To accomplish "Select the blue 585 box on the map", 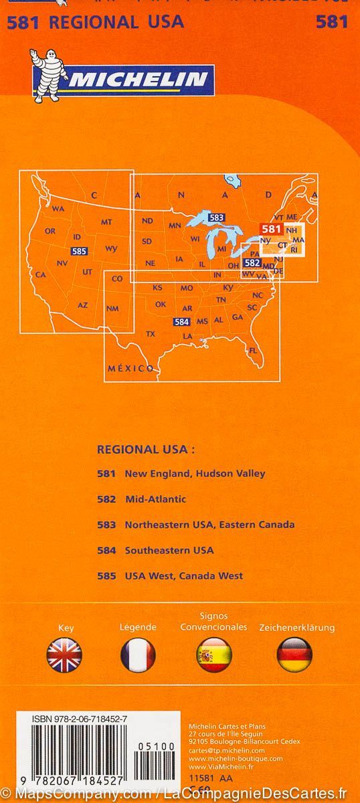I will [x=79, y=251].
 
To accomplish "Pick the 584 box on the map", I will [x=181, y=321].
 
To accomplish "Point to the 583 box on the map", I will [x=216, y=217].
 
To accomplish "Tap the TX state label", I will [x=151, y=333].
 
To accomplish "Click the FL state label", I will [x=253, y=351].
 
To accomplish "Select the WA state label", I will [x=58, y=209].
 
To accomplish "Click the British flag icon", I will [x=64, y=654].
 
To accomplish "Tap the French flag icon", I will [x=138, y=654].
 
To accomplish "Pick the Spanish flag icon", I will [x=214, y=654].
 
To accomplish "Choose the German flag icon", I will [x=294, y=654].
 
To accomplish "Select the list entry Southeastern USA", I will [x=169, y=550].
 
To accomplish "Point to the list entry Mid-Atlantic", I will [x=155, y=499].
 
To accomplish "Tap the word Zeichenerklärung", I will [x=294, y=628].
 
